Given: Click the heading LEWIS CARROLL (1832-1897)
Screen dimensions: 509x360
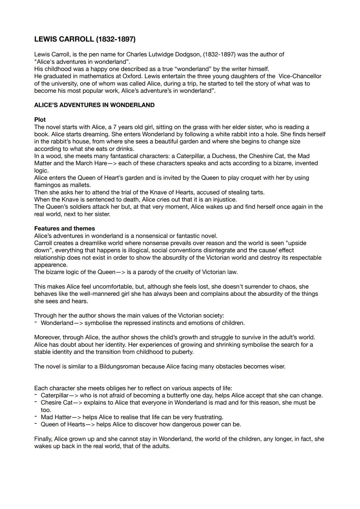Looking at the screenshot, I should [85, 39].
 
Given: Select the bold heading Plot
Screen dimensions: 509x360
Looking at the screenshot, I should [40, 119].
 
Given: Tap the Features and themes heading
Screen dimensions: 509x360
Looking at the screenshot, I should [64, 228].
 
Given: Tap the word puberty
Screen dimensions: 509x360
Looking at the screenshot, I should [183, 352].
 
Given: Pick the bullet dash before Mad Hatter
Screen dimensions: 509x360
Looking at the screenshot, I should [35, 417].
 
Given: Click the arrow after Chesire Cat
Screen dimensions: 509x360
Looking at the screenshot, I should [78, 403].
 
